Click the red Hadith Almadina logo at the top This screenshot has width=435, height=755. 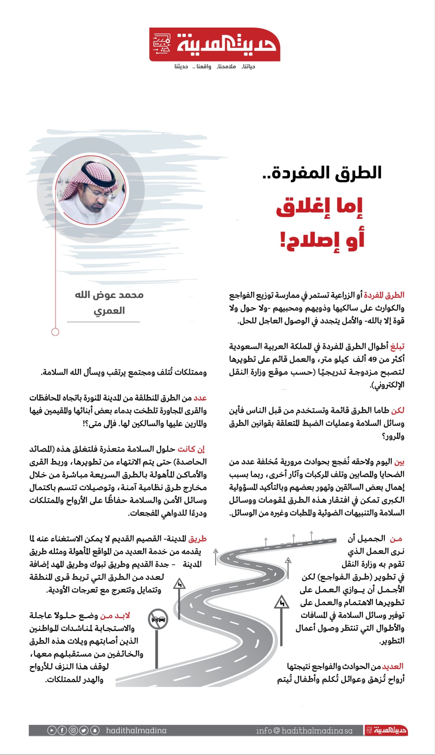(214, 44)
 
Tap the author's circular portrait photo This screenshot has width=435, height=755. (91, 190)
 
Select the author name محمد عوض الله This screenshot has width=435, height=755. (109, 295)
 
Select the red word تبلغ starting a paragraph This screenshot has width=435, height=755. (397, 347)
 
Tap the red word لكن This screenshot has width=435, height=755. (398, 410)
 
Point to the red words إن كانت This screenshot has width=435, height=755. (191, 449)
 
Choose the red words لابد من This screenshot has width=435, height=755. (115, 616)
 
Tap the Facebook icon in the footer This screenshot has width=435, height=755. (62, 730)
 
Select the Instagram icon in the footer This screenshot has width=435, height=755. (73, 730)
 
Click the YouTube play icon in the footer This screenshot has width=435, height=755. (52, 730)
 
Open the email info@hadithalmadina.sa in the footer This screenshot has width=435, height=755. (304, 731)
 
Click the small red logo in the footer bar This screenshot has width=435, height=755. (386, 730)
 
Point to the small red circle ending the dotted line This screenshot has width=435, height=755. (55, 332)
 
